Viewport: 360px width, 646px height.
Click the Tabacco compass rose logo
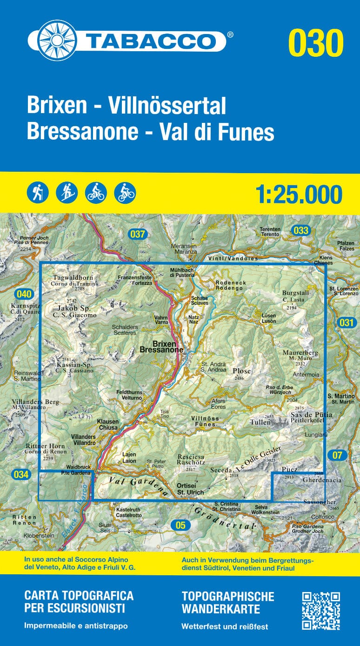coord(57,40)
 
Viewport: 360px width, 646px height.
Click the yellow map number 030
coord(316,42)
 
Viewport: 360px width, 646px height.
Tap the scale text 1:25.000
coord(299,194)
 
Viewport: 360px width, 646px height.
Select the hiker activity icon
coord(37,192)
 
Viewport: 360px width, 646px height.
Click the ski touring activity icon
coord(67,192)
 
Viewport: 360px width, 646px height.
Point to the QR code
coord(321,611)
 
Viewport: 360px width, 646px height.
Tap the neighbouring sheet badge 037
coord(138,234)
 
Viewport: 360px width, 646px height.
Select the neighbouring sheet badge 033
coord(301,230)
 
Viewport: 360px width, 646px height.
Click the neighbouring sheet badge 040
coord(24,294)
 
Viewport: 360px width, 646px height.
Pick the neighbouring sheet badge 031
coord(347,323)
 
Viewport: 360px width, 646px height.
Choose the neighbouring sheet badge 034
coord(21,475)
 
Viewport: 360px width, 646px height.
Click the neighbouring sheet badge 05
coord(181,525)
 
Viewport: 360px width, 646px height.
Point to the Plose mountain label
coord(241,371)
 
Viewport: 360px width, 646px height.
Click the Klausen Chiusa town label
coord(107,424)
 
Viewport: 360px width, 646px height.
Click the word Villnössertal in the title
coord(167,106)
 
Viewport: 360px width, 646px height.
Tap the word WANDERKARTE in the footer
coord(220,609)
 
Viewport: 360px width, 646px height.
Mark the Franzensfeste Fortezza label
coord(135,280)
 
